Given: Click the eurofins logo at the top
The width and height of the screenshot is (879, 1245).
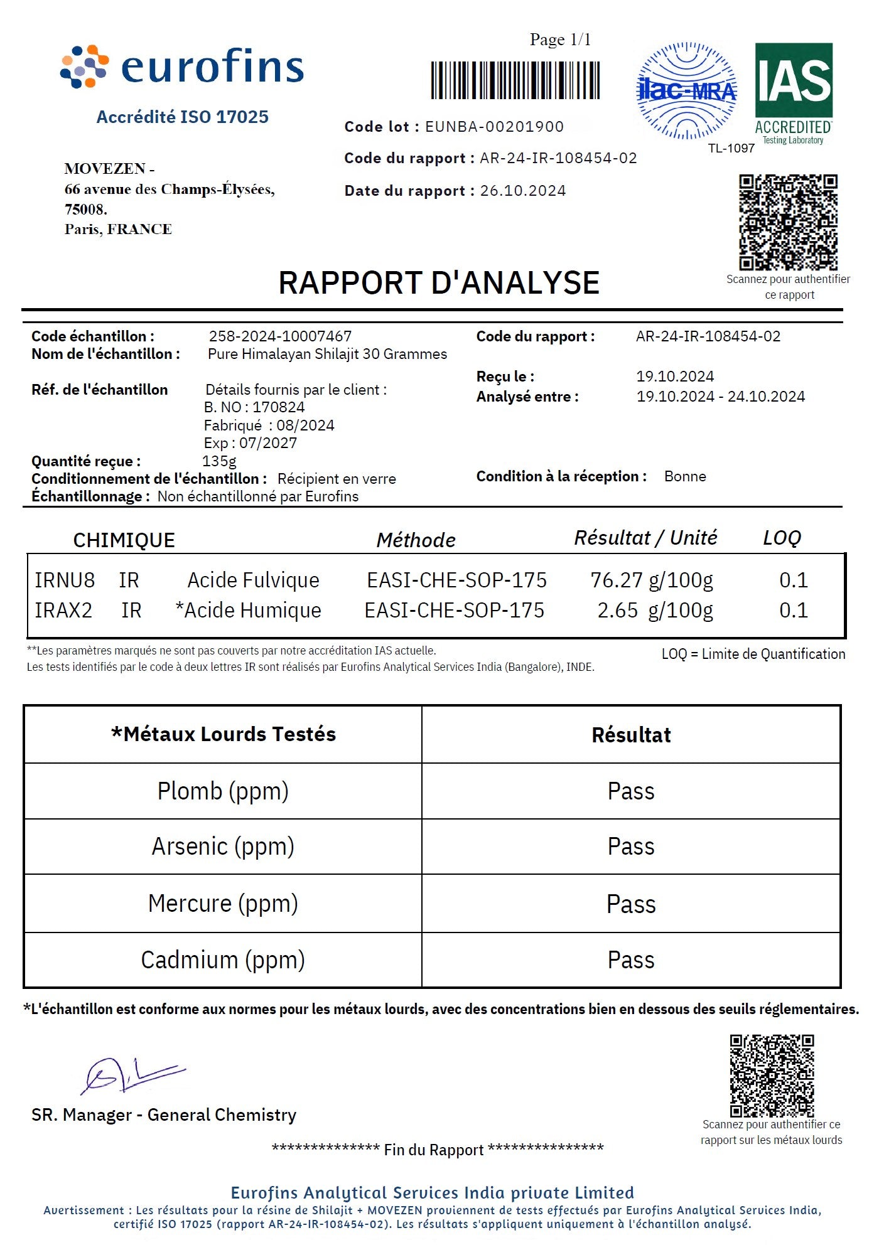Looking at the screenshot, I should (x=182, y=67).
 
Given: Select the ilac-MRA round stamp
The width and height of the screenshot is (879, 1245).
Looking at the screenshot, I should (x=686, y=91).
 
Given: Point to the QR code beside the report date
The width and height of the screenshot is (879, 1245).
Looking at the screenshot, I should (x=788, y=222).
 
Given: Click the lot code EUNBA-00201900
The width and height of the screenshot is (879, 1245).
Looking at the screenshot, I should (x=494, y=127).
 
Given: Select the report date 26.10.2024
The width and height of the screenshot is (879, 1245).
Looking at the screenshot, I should (x=523, y=191).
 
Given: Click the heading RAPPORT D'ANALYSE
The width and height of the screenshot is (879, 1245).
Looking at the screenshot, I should (x=439, y=283).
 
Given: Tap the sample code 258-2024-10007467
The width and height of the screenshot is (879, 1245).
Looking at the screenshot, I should (x=280, y=336).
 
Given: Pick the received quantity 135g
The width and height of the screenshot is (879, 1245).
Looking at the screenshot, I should (x=219, y=461).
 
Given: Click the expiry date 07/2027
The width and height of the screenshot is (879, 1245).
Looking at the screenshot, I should (x=268, y=443).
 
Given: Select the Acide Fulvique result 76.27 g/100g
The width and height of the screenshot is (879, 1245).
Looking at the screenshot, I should (x=652, y=580).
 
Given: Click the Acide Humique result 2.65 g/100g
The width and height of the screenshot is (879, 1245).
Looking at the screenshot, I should (x=655, y=611).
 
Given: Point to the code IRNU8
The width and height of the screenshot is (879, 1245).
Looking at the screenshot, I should (x=65, y=580).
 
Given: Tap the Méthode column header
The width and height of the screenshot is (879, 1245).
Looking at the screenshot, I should (x=416, y=540).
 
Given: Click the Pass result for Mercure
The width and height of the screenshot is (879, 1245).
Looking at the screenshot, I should (x=631, y=904).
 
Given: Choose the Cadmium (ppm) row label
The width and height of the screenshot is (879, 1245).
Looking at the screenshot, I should (x=223, y=960).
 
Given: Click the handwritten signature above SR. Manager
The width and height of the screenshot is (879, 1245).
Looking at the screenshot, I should (x=132, y=1076).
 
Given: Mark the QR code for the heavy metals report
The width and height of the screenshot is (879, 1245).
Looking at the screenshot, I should (x=772, y=1076).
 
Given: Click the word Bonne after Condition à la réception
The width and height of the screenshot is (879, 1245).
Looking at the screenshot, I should (x=685, y=477).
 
